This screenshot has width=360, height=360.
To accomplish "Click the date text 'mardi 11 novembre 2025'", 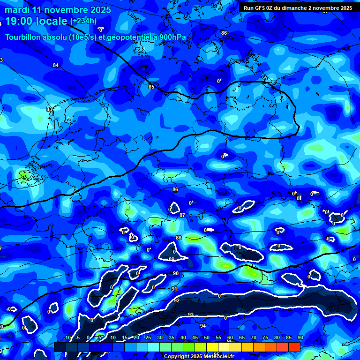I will coord(58,10).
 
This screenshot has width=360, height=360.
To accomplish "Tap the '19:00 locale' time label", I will coord(36,21).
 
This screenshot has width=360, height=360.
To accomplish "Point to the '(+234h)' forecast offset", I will coord(83,21).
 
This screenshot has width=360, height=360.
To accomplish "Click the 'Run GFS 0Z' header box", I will coord(298,7).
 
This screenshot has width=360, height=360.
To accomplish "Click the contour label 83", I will coord(49,109).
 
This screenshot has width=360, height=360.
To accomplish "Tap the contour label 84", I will coord(56,65).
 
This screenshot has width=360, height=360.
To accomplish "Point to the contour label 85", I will coord(151,87).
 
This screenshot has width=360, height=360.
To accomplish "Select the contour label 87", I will coord(182,215).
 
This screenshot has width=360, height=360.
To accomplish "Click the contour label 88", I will coord(178,238).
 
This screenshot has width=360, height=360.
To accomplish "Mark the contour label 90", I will coord(176,273).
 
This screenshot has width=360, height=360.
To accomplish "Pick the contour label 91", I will coord(174,289).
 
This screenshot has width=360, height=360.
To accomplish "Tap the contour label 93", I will coord(191,315).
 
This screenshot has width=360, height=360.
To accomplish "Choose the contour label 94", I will coord(203,326).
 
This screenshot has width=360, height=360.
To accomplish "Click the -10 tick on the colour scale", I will coord(67,337).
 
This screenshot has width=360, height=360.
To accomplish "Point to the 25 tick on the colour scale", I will coord(148,337).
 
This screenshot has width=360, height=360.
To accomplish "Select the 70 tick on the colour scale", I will coord(254,337).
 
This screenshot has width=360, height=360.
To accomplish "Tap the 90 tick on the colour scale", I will coord(300,337).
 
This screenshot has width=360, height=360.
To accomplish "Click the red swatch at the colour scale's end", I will coord(294,346).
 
